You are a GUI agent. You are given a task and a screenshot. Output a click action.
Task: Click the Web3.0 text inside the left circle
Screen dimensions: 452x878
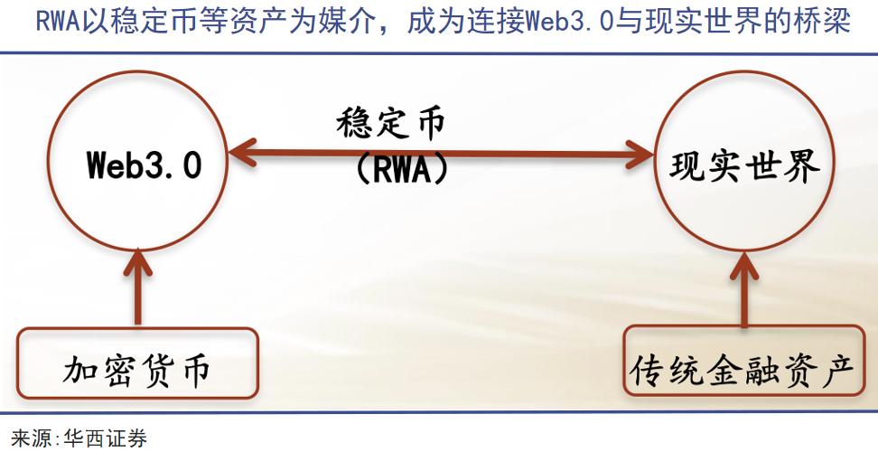coord(144,166)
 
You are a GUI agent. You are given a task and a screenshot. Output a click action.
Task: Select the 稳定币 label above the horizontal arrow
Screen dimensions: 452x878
coord(391,124)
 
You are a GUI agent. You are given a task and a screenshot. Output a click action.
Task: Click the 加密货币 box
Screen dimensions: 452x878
coord(137,369)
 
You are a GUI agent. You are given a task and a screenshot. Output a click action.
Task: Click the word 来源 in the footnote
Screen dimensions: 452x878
coord(29,440)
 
